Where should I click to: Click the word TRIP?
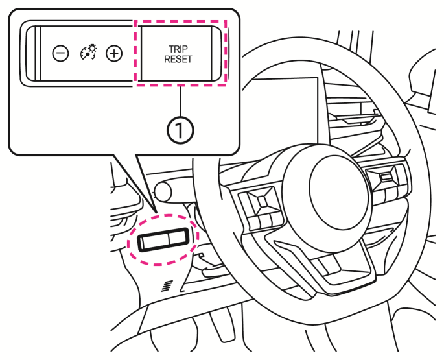point(178,49)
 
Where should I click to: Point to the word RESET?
point(178,59)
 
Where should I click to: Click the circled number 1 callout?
point(180,130)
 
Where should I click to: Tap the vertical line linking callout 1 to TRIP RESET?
point(180,101)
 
